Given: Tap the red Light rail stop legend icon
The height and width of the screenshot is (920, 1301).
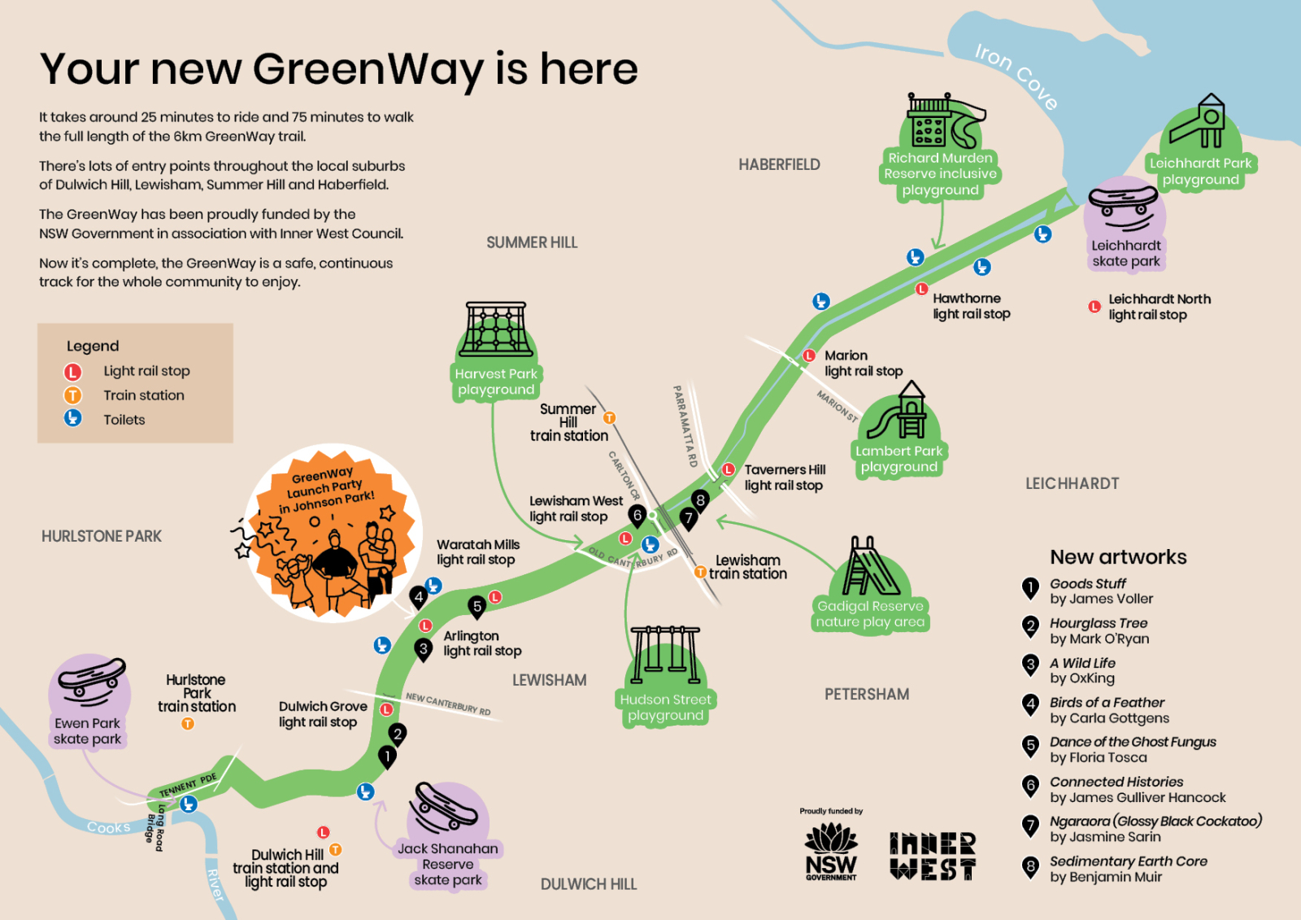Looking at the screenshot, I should [73, 372].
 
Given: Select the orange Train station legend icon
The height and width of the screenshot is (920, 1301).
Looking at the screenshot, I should [73, 395].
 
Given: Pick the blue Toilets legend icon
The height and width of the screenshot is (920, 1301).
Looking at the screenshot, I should [73, 418].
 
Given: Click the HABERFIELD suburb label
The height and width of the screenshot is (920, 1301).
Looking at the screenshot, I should [779, 165].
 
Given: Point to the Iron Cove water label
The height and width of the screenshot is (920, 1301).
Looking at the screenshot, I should [1016, 76].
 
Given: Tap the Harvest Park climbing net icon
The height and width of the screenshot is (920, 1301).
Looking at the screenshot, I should [495, 330].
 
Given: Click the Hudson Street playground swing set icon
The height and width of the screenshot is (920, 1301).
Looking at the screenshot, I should [665, 654].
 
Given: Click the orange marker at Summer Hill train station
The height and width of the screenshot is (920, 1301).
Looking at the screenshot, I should [609, 418].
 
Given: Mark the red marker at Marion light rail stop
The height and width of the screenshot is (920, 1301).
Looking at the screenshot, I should [809, 355].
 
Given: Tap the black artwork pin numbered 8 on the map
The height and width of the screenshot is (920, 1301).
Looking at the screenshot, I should [700, 500].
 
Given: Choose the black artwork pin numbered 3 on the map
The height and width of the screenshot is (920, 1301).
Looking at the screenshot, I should [424, 649].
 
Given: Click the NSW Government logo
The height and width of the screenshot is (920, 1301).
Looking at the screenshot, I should [830, 852].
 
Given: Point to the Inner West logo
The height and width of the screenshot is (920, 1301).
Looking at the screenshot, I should [932, 856].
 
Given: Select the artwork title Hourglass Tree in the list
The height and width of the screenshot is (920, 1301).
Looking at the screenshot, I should [1099, 623].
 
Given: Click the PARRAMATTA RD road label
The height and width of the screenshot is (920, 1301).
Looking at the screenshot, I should [685, 426].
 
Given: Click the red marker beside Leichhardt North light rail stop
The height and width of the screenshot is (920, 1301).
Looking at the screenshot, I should [1094, 307].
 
